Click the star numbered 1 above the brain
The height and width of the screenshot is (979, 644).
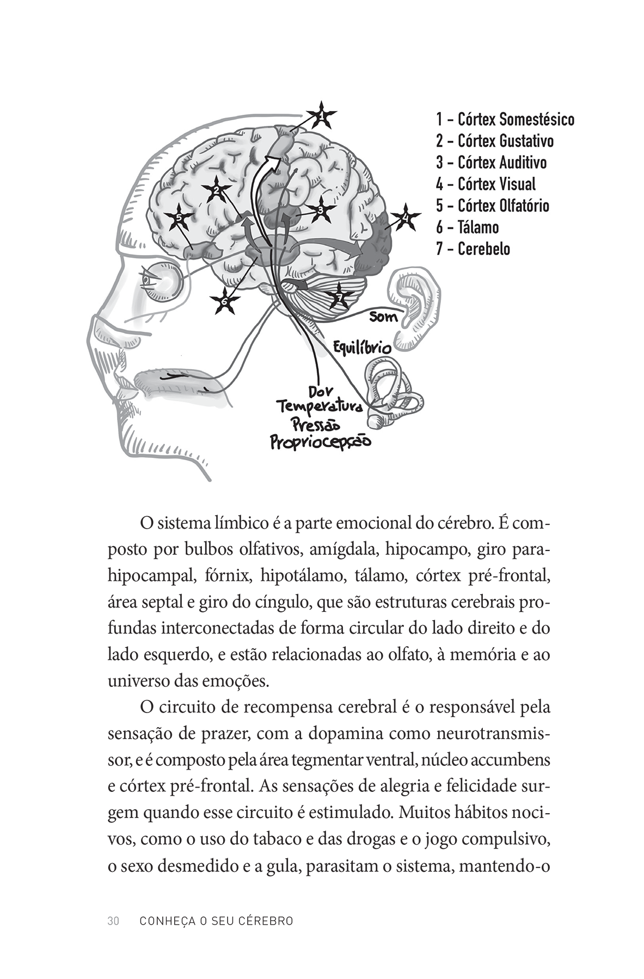(321, 115)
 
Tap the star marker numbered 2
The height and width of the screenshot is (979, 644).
(216, 190)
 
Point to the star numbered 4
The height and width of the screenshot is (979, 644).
(404, 219)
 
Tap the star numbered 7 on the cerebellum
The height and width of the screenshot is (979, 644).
(339, 297)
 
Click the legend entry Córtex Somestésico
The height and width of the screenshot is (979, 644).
(505, 119)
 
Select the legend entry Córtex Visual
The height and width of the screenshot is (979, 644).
(486, 184)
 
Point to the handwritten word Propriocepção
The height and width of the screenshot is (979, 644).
(321, 442)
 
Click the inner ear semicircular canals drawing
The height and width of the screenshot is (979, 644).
(391, 392)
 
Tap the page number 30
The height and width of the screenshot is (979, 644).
(113, 921)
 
